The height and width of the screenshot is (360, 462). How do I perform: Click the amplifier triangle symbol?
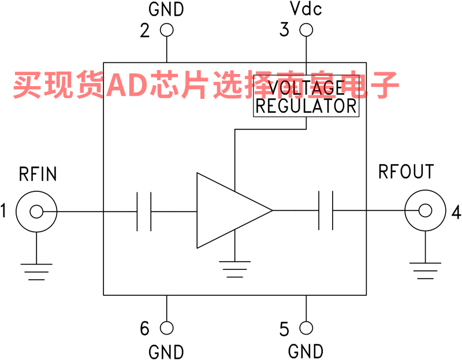tap(228, 211)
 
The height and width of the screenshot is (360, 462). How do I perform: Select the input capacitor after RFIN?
tap(144, 211)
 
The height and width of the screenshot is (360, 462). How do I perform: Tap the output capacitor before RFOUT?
tap(326, 211)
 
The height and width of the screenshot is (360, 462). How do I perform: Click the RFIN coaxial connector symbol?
tap(36, 211)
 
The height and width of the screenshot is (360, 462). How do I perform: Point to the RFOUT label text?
tap(406, 172)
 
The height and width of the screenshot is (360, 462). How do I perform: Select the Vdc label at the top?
tap(306, 9)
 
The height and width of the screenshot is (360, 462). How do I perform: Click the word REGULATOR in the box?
tap(306, 106)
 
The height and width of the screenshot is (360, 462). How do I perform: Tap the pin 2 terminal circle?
tap(167, 30)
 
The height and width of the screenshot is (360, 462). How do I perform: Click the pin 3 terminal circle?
tap(306, 30)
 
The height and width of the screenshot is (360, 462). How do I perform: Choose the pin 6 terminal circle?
tap(167, 328)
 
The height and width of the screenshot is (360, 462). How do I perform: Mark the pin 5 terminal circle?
tap(306, 328)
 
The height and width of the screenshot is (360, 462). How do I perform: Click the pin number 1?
tap(4, 211)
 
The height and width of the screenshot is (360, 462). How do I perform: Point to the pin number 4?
tap(456, 213)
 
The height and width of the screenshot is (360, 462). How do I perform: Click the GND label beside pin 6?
tap(166, 351)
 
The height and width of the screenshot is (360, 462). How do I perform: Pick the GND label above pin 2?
tap(166, 9)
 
